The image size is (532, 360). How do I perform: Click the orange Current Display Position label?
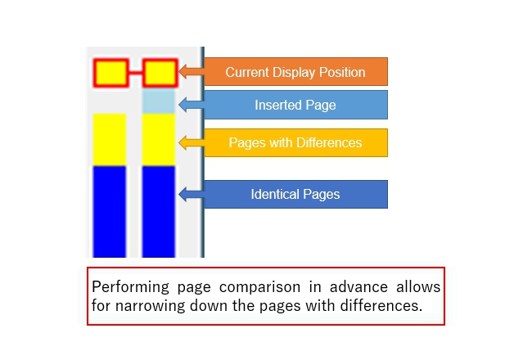(295, 72)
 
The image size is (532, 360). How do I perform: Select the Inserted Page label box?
(295, 105)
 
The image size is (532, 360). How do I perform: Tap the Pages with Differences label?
(295, 143)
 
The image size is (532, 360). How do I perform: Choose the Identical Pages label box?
(295, 195)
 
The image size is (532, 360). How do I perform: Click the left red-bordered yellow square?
(111, 73)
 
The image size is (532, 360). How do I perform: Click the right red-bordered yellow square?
(160, 73)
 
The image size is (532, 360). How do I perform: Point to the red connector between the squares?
(136, 73)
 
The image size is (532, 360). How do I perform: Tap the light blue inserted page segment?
(159, 101)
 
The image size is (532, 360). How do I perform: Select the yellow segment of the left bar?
(110, 140)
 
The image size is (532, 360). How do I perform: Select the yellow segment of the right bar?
(159, 140)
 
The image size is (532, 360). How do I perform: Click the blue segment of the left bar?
(110, 212)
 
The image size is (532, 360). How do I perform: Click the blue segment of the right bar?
(159, 212)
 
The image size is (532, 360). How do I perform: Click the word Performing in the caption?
(130, 287)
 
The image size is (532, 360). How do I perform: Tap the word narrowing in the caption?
(151, 306)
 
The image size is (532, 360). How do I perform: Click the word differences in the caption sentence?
(381, 305)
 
